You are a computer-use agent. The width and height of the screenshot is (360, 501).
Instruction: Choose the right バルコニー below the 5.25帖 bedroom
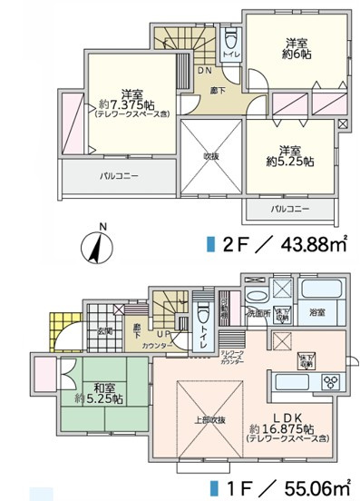(290, 210)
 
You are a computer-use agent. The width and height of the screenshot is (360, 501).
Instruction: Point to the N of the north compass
(102, 227)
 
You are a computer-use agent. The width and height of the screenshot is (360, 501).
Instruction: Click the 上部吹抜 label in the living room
(208, 420)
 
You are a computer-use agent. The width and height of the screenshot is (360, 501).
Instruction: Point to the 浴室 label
(318, 313)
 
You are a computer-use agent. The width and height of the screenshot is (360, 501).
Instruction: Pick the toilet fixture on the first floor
(203, 318)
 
